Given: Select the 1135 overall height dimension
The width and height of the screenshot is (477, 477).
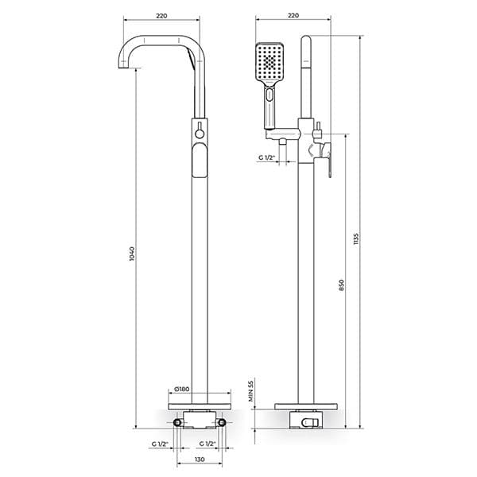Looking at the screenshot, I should (x=357, y=238).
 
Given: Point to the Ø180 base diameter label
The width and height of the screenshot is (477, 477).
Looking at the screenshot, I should (x=181, y=390).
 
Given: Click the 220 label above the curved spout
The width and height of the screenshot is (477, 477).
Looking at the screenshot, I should (x=162, y=15).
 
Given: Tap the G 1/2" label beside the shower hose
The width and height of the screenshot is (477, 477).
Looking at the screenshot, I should (x=266, y=157).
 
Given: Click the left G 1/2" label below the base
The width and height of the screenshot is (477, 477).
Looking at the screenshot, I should (x=161, y=444).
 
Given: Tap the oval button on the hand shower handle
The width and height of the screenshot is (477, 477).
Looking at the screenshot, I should (x=270, y=99).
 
